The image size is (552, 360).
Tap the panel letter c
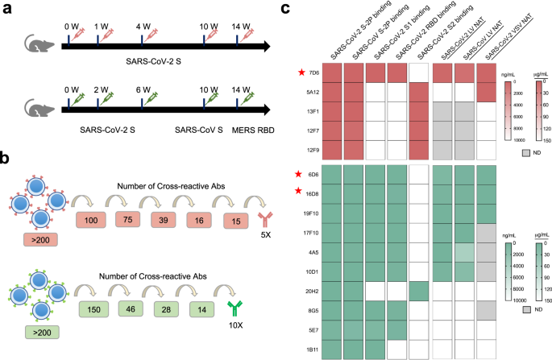pos(286,9)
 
